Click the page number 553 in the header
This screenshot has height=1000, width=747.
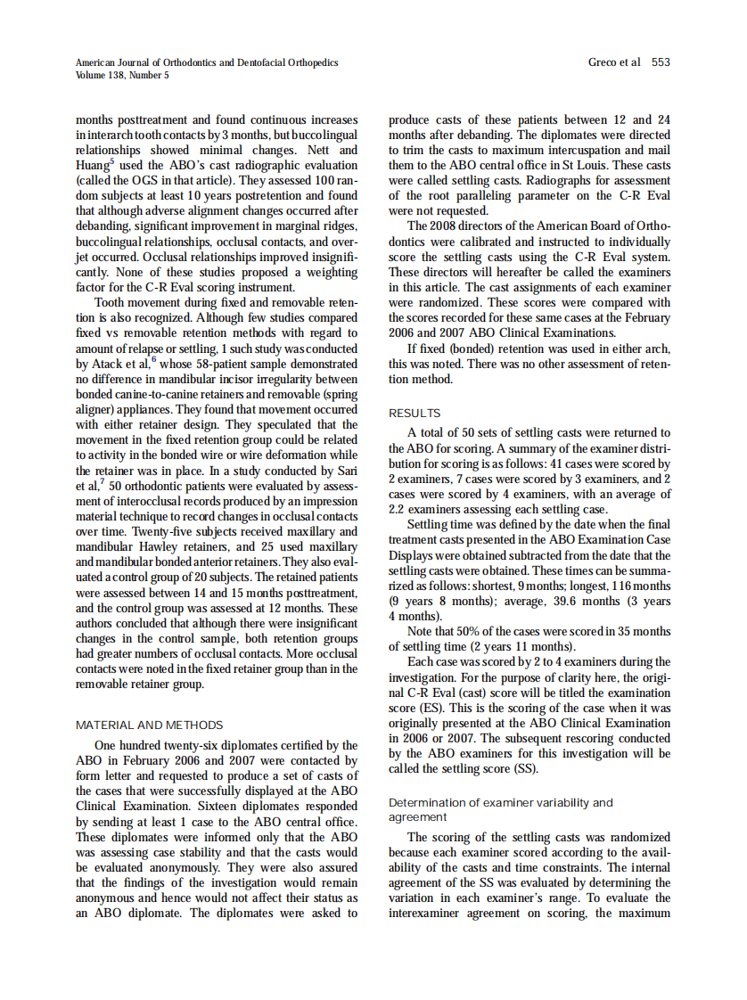pyautogui.click(x=661, y=62)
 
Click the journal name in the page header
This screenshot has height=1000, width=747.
pyautogui.click(x=207, y=62)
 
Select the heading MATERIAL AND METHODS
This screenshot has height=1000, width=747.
pyautogui.click(x=150, y=725)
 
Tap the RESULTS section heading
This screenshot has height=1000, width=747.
pyautogui.click(x=415, y=414)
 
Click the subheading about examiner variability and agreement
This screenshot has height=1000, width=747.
pyautogui.click(x=501, y=809)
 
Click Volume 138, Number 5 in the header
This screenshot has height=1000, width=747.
pyautogui.click(x=122, y=75)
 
